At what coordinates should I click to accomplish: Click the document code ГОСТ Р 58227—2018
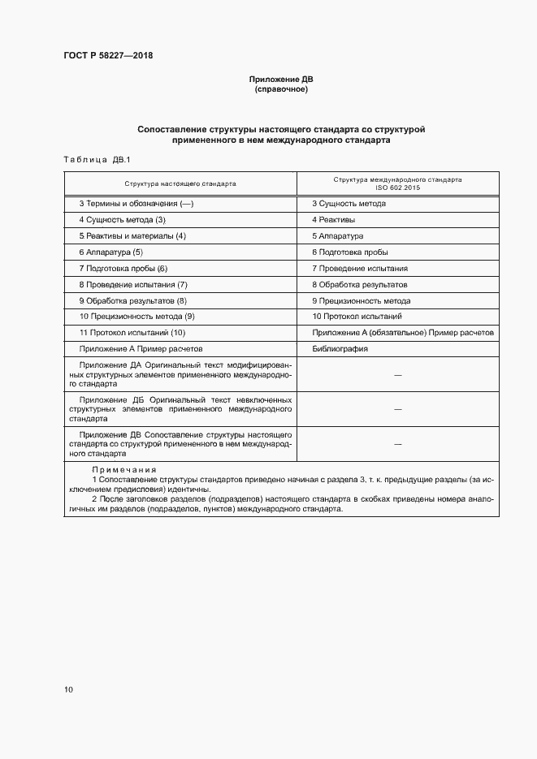tap(108, 56)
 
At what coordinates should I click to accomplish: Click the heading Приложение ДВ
tap(280, 80)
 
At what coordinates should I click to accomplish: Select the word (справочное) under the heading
tap(280, 89)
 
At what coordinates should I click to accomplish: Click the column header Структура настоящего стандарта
tap(180, 183)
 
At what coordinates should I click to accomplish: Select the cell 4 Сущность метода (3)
tap(122, 220)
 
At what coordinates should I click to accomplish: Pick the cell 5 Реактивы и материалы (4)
tap(132, 236)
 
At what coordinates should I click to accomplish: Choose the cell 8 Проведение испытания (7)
tap(132, 284)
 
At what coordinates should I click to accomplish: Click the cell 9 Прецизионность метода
tap(361, 300)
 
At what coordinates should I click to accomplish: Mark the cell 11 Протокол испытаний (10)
tap(132, 333)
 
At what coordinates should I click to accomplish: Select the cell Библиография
tap(340, 349)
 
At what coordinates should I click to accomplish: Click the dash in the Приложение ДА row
tap(397, 376)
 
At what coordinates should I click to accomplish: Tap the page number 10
tap(68, 690)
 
